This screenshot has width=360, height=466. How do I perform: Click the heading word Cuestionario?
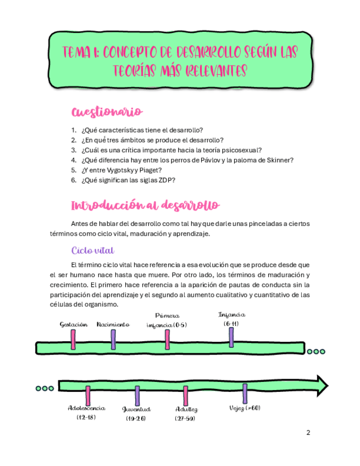[107, 112]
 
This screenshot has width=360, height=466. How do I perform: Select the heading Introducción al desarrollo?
[146, 206]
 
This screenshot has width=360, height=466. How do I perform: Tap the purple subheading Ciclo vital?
[92, 251]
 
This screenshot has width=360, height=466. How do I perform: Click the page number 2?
[308, 432]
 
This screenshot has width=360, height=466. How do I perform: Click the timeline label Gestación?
[74, 325]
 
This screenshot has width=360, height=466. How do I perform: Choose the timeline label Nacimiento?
[113, 325]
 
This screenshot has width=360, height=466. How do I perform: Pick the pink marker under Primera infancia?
[168, 339]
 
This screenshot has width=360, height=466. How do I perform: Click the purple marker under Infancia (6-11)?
[231, 337]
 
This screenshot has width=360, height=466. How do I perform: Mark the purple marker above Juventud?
[137, 396]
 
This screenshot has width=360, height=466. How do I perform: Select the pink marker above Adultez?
[186, 396]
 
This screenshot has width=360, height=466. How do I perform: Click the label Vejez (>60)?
[245, 408]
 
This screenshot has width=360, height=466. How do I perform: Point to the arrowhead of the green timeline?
[322, 383]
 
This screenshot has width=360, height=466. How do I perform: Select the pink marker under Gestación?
[73, 339]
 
